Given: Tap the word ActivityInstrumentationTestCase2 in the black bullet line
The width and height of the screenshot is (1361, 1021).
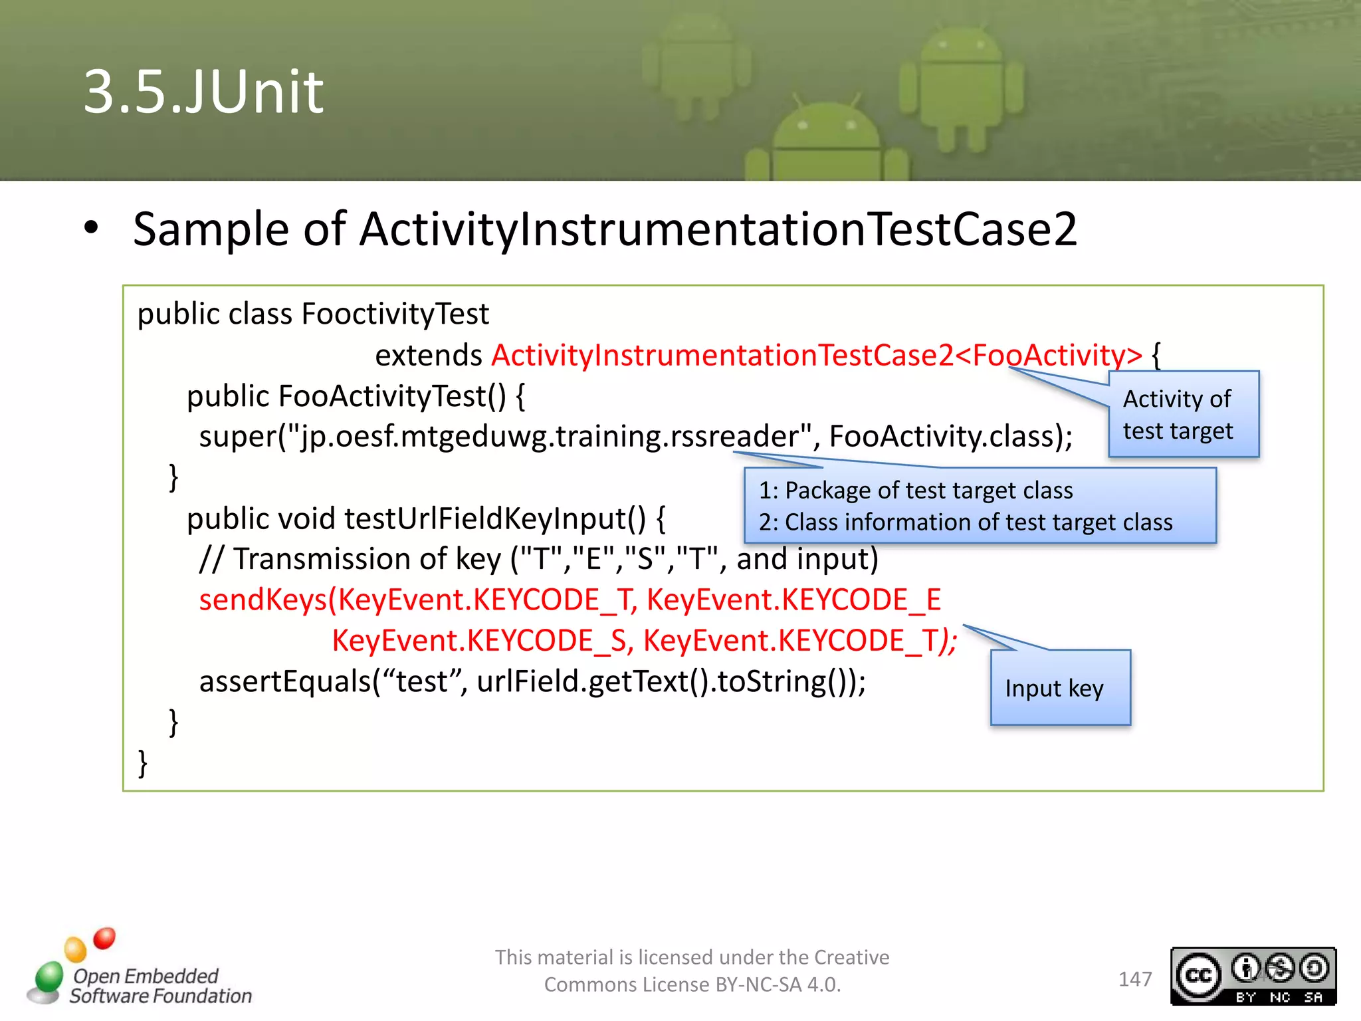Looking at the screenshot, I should [718, 229].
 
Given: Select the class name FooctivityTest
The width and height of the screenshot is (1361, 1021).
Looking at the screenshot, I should [395, 314].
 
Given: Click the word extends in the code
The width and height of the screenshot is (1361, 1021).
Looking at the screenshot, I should [428, 355].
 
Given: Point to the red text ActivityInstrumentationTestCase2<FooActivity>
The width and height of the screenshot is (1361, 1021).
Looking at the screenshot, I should [816, 355].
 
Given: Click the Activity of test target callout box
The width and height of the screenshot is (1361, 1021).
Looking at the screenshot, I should [1183, 415].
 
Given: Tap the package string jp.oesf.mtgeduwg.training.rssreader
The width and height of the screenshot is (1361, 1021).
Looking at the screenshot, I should [549, 437].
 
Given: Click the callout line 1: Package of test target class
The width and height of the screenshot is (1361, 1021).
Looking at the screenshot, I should [916, 491].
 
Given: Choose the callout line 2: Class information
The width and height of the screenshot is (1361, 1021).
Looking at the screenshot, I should [965, 522].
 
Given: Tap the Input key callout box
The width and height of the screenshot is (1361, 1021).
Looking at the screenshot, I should [1059, 687].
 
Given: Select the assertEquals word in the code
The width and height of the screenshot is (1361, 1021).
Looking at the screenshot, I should [284, 682].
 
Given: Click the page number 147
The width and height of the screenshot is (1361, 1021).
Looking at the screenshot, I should [1134, 979].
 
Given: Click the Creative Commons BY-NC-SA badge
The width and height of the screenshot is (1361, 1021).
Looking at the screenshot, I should [1253, 976].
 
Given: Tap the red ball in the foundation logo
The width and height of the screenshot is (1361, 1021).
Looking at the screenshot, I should [104, 938].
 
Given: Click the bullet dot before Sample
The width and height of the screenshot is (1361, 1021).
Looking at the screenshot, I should [91, 228].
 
